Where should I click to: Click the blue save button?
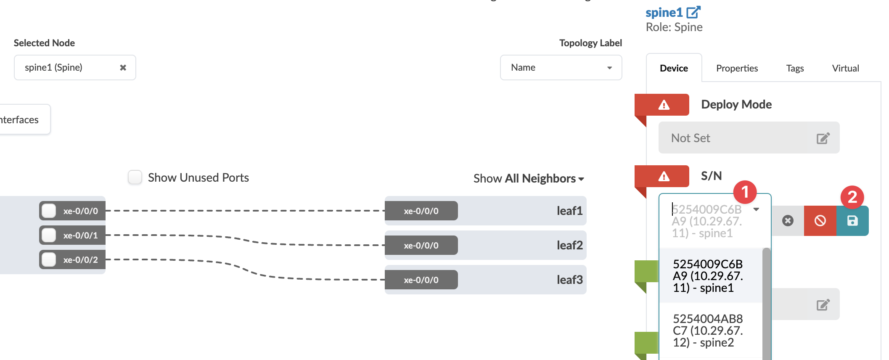852,221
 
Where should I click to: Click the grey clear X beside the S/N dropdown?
788,221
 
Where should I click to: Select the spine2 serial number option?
708,331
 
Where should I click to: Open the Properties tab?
737,68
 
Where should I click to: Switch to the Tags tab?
795,68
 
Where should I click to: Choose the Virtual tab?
845,68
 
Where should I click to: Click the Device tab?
674,68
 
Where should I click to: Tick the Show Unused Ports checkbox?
135,177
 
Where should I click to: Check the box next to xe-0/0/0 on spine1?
49,211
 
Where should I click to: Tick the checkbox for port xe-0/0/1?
49,235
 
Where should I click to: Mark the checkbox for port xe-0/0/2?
49,259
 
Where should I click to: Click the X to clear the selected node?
123,68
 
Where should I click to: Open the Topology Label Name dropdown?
561,68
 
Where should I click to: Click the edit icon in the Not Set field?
823,138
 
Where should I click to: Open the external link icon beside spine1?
693,12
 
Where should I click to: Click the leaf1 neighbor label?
570,211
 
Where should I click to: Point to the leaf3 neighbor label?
570,280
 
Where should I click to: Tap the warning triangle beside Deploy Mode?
664,105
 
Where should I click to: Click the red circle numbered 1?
745,192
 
